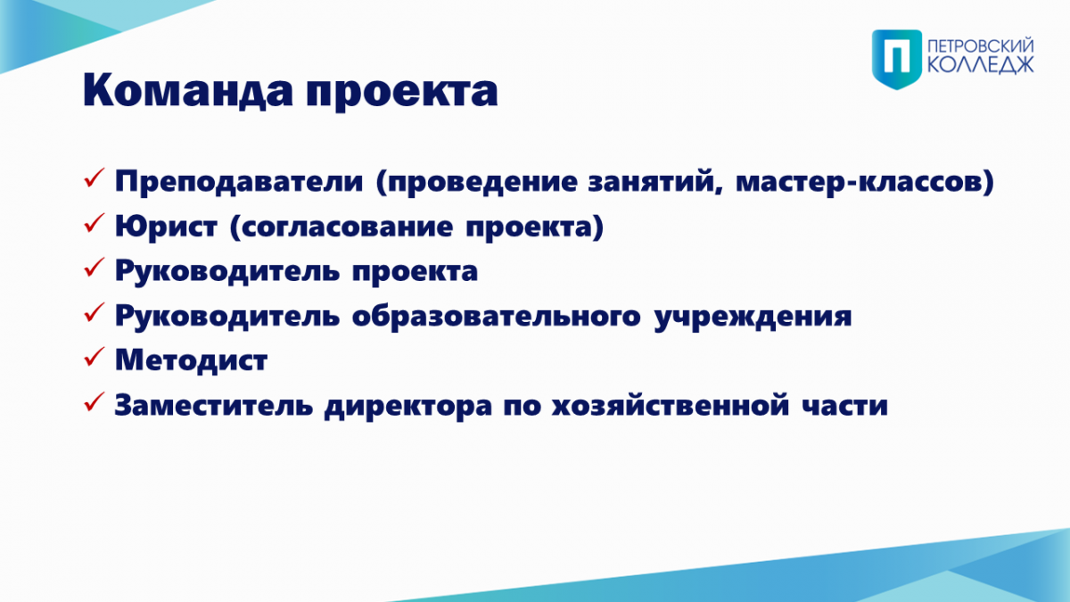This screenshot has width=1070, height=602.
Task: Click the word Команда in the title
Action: pos(188,90)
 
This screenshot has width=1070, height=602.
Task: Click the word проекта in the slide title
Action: pos(402,93)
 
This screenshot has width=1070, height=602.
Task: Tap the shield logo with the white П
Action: pos(897,59)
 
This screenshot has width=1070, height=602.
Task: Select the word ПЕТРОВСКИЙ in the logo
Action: pos(981,46)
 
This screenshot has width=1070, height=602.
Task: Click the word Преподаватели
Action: pos(239,182)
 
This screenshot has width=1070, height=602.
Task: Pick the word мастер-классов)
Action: pos(865,182)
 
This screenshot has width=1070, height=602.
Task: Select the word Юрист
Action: pos(166,227)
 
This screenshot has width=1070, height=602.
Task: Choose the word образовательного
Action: pos(497,316)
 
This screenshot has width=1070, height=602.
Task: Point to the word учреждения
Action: pos(753,317)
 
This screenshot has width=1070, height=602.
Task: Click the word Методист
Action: pos(191,360)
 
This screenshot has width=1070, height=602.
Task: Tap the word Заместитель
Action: pos(213,405)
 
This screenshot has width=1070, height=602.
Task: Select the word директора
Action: pos(408,407)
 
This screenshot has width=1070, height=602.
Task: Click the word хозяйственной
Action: pos(671,405)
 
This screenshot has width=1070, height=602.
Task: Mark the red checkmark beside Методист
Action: pos(95,357)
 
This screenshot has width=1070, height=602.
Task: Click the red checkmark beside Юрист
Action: pos(95,223)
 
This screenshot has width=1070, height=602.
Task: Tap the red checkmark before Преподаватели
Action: pos(95,177)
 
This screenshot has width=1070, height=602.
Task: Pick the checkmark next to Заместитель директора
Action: pos(95,402)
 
